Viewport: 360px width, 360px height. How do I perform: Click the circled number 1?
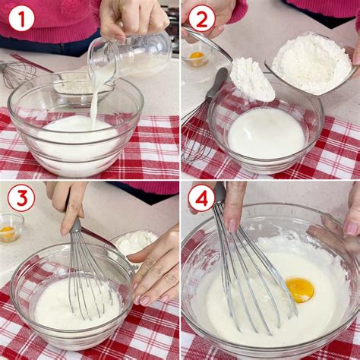pos(21,17)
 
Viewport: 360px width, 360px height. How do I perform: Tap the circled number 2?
pos(201,17)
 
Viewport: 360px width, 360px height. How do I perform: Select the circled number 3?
pos(21,198)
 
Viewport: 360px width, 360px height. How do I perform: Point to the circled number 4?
pos(201,198)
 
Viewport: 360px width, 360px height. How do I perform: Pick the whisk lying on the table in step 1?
pos(17,74)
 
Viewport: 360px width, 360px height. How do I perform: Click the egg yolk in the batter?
pos(299,289)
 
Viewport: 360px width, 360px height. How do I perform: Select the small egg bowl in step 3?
pos(10,227)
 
